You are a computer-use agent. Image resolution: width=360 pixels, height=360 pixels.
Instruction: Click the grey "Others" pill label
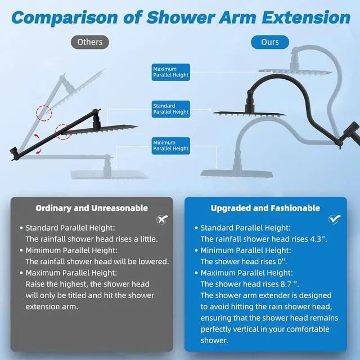click(x=90, y=42)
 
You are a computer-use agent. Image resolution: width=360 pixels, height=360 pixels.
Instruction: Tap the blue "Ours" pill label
click(x=270, y=42)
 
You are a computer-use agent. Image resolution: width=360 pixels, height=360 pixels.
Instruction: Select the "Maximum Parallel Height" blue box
click(x=171, y=72)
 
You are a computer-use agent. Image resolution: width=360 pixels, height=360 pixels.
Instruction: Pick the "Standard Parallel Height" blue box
click(x=171, y=109)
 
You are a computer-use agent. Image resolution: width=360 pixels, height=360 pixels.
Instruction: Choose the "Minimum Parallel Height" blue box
click(x=171, y=146)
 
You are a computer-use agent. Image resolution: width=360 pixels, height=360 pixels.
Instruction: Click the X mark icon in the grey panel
click(x=162, y=219)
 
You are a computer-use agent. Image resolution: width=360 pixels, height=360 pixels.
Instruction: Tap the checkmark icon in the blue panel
click(x=335, y=219)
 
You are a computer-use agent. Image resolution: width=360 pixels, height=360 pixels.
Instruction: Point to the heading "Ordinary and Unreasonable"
click(x=92, y=208)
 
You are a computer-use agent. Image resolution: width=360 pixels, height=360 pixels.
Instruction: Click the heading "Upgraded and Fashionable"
click(x=265, y=208)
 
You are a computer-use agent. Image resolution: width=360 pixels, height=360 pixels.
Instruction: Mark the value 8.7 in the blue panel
click(x=286, y=284)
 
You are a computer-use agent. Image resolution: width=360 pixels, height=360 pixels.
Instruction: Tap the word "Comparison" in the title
click(x=65, y=17)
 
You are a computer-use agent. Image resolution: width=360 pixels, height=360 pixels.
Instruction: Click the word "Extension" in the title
click(x=306, y=17)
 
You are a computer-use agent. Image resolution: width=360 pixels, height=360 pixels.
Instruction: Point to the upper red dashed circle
click(x=44, y=113)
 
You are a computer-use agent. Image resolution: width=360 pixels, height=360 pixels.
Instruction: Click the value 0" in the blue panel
click(x=282, y=262)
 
